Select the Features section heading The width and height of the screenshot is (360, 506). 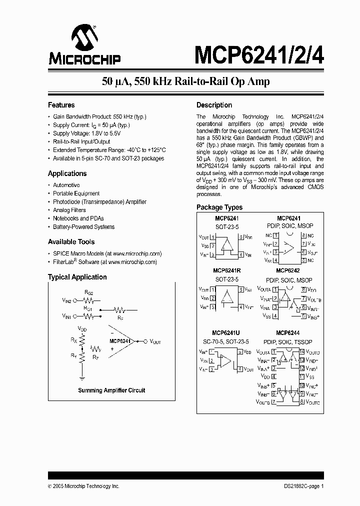click(x=61, y=105)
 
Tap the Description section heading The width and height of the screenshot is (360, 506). click(x=214, y=105)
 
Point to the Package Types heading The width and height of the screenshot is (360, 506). click(x=219, y=207)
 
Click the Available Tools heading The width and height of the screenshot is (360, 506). click(x=71, y=242)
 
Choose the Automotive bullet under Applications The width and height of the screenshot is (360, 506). click(x=66, y=185)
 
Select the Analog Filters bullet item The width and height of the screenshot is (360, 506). click(x=69, y=210)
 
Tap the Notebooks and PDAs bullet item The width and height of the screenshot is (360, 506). click(x=77, y=218)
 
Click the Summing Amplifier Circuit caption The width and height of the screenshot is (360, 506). click(x=111, y=390)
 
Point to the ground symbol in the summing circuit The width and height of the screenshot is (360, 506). click(x=81, y=378)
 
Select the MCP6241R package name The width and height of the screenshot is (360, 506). click(x=226, y=270)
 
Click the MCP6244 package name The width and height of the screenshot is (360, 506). click(x=287, y=332)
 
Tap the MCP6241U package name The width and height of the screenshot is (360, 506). click(x=226, y=332)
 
